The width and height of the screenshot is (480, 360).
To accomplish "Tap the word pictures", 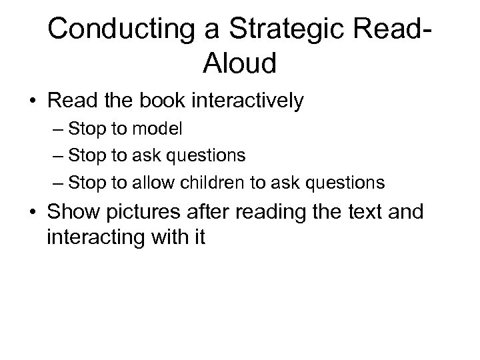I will tap(144, 213).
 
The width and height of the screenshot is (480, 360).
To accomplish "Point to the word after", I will tap(211, 213).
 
